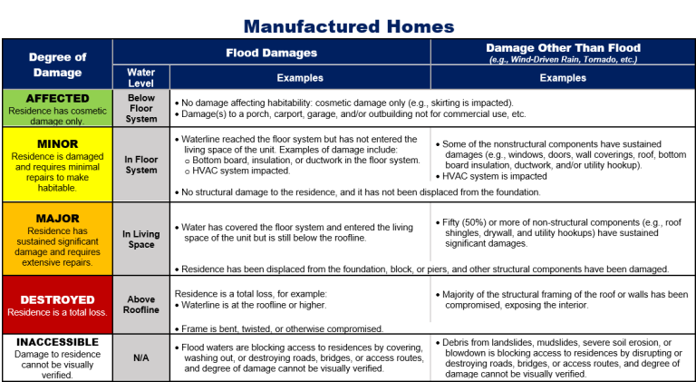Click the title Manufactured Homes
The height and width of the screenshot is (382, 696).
coord(348,25)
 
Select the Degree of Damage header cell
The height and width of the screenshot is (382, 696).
coord(57,64)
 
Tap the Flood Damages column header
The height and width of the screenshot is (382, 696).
coord(271,53)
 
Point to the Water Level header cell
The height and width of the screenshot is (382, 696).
coord(140,77)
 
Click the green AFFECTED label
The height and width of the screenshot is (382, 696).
coord(57,98)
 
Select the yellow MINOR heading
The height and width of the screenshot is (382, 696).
coord(57,143)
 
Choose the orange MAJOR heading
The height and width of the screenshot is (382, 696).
coord(57,219)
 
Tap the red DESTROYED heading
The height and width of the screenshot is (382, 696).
coord(57,299)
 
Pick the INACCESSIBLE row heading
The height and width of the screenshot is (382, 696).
coord(57,342)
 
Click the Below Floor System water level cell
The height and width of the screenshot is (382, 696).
coord(140,108)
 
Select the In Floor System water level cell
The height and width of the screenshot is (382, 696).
coord(140,164)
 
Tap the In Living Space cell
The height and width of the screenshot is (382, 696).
coord(140,239)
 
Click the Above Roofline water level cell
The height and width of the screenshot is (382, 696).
coord(140,304)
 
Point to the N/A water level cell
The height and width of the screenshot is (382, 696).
coord(140,358)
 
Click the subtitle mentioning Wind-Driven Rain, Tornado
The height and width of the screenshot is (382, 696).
coord(563,60)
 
